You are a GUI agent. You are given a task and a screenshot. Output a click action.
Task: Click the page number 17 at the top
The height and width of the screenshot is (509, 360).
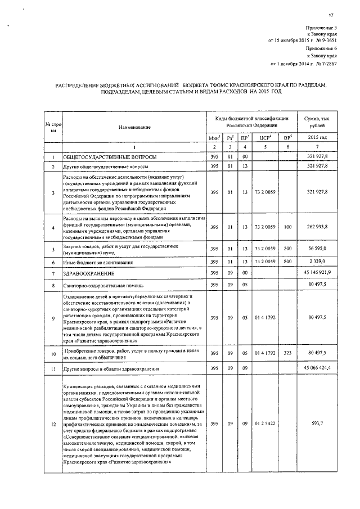[x=331, y=15]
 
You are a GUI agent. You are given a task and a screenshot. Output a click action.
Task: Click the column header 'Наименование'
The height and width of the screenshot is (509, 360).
[x=134, y=128]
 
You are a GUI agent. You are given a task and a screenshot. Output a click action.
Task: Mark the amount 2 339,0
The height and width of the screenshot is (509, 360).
[x=328, y=262]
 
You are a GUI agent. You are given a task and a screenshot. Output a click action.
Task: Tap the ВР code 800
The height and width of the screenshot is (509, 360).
[x=287, y=262]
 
